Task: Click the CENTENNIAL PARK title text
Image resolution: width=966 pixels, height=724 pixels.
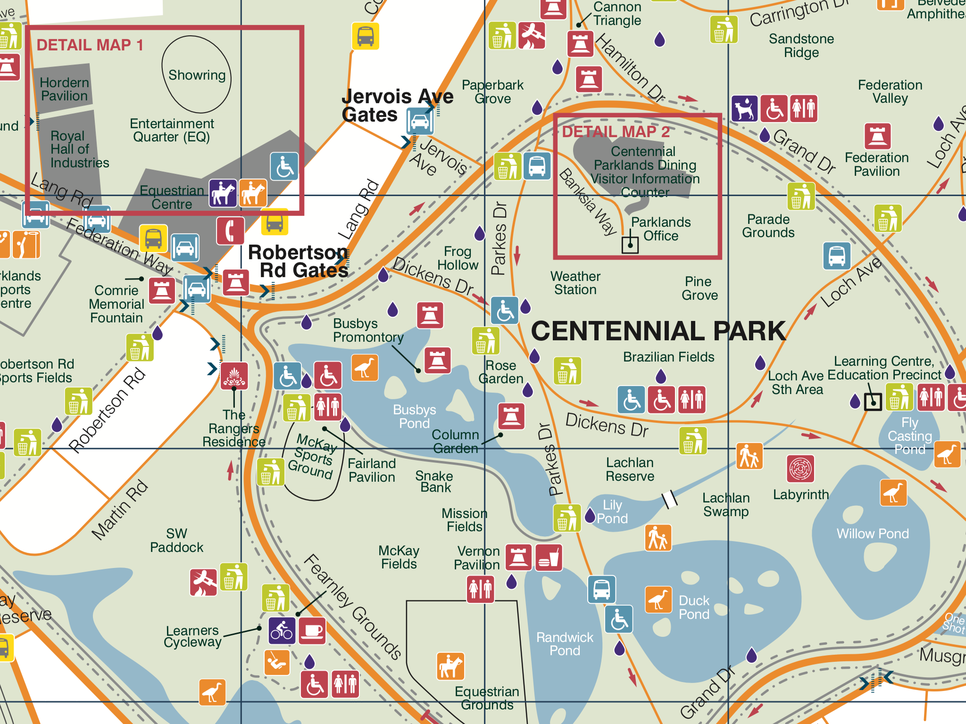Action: click(x=658, y=331)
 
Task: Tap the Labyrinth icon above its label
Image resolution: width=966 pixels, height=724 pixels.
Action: click(x=800, y=469)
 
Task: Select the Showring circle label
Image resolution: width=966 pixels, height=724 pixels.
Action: click(x=197, y=75)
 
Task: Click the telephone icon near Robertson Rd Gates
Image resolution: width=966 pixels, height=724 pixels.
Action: click(x=230, y=231)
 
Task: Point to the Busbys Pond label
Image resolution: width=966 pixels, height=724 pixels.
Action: click(x=414, y=416)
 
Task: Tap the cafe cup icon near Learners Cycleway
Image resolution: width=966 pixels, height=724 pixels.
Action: click(x=312, y=631)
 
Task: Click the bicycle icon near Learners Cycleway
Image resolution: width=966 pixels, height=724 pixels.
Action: click(x=282, y=631)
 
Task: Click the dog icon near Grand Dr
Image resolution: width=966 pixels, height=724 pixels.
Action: click(x=745, y=109)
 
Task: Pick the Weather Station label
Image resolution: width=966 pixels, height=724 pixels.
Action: click(x=575, y=283)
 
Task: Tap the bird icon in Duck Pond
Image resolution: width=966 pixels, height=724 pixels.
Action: click(x=658, y=600)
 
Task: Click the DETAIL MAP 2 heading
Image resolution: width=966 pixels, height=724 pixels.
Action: click(x=616, y=132)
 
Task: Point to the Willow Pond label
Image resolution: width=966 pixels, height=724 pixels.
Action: click(x=872, y=534)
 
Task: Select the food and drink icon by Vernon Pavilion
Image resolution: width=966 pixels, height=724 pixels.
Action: click(x=549, y=558)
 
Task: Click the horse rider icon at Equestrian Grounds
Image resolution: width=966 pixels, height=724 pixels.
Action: click(x=450, y=666)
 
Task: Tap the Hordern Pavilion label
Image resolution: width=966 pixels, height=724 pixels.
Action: click(x=64, y=89)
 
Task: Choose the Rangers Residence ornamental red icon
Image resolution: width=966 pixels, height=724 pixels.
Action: click(x=234, y=376)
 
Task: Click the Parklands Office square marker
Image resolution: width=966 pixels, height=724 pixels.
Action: click(x=630, y=245)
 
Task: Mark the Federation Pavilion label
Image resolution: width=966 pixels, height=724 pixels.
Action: click(x=876, y=165)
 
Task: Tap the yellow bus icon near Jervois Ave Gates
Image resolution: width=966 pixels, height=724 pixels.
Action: click(x=366, y=36)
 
